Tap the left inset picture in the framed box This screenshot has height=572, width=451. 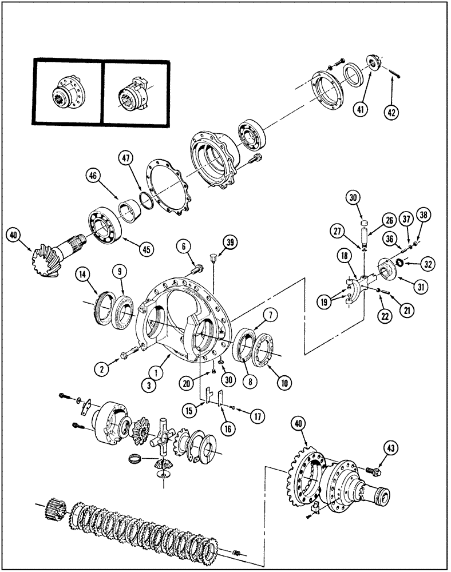pyautogui.click(x=68, y=92)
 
